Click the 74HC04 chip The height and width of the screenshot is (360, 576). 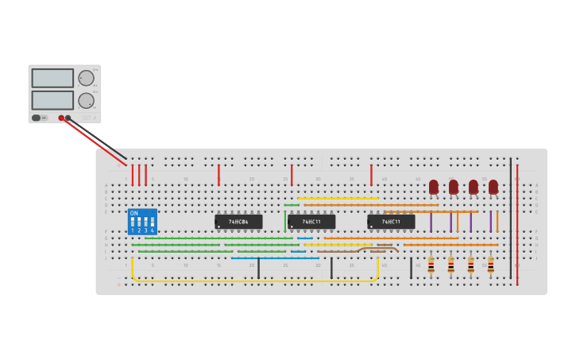click(238, 222)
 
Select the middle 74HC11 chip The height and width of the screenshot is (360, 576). click(311, 222)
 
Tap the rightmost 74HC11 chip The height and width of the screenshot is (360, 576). click(391, 222)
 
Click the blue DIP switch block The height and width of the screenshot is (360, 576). click(142, 222)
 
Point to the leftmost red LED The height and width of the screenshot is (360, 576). click(434, 187)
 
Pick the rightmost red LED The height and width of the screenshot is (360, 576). click(493, 187)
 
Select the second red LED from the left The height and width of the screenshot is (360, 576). click(454, 187)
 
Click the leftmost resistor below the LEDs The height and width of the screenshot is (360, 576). click(431, 265)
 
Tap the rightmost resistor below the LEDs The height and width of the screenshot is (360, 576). click(490, 265)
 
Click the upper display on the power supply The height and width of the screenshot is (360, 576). click(52, 78)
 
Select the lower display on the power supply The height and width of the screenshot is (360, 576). click(52, 100)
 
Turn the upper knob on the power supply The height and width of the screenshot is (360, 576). click(86, 78)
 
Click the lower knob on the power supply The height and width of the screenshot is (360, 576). click(86, 101)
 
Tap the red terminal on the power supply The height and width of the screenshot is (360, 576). click(61, 118)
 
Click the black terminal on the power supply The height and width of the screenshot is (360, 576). click(68, 118)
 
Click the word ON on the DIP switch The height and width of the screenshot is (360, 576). click(133, 213)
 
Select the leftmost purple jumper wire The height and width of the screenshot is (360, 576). click(431, 222)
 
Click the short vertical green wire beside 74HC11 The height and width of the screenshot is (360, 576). click(285, 221)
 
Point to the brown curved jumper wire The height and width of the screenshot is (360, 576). click(377, 249)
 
